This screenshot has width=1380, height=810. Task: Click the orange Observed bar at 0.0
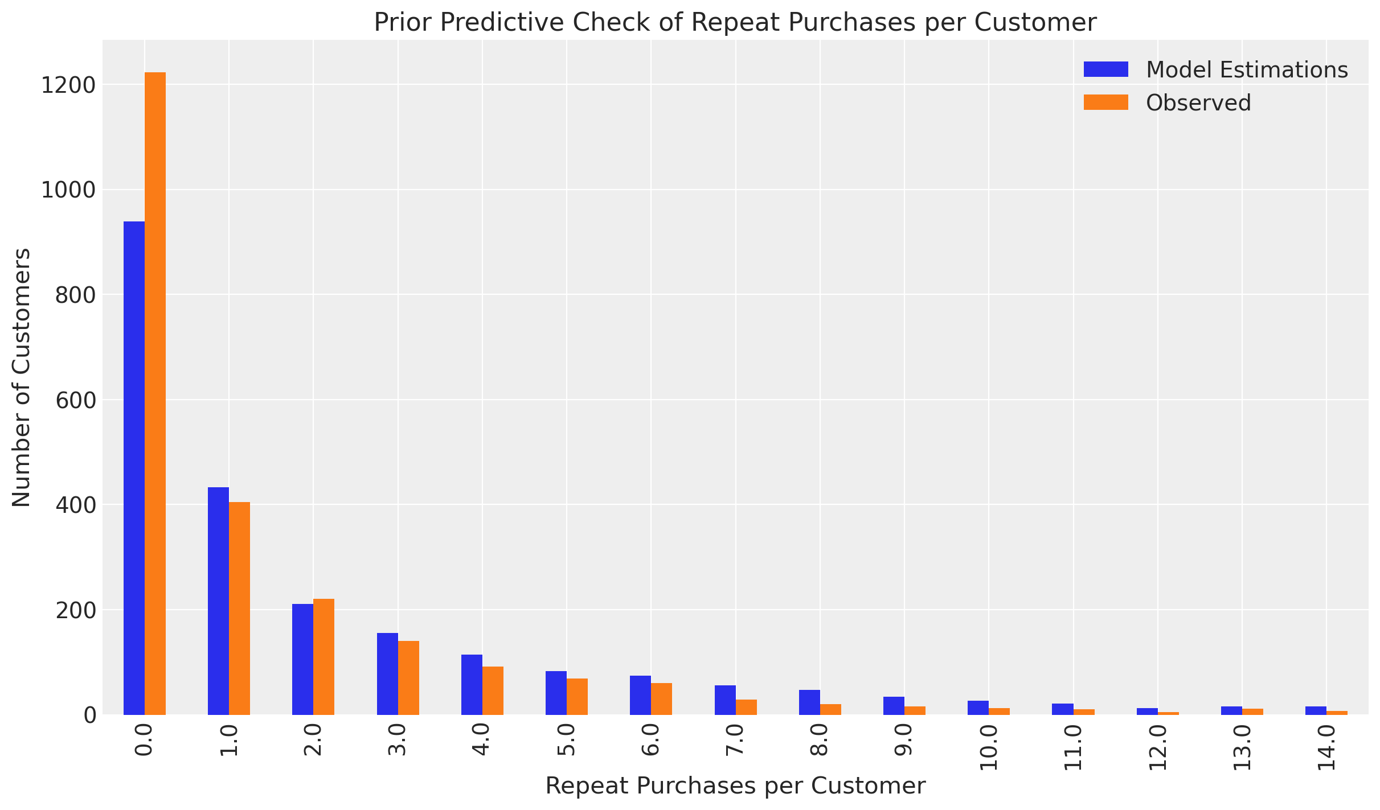point(155,393)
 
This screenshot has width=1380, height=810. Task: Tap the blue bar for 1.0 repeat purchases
point(218,601)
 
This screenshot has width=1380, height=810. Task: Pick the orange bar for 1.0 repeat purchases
point(239,608)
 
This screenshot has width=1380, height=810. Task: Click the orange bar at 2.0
point(323,656)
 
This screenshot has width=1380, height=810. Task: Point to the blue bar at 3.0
point(387,673)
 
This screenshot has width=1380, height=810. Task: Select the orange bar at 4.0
point(493,690)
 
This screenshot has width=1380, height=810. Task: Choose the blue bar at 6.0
point(640,695)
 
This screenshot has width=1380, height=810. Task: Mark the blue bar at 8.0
point(809,702)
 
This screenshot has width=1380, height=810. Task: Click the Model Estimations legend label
point(1247,69)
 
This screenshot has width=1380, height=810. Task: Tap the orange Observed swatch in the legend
point(1105,102)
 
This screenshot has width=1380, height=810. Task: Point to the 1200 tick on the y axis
point(67,85)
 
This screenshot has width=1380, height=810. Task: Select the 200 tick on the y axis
point(75,610)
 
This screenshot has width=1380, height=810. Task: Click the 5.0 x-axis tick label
point(567,740)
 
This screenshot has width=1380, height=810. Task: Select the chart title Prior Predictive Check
point(735,23)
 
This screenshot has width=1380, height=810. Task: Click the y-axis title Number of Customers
point(22,377)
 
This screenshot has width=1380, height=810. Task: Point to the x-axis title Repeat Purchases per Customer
point(735,786)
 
